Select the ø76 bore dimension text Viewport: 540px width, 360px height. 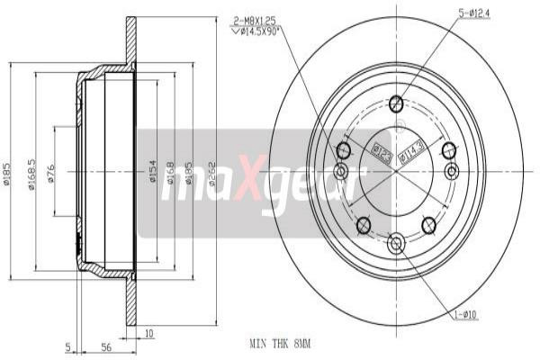coord(51,174)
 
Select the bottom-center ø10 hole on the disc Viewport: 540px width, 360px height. coord(397,242)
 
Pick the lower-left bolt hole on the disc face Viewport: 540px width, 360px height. coord(364,224)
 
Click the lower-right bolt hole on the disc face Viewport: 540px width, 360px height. coord(429,224)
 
